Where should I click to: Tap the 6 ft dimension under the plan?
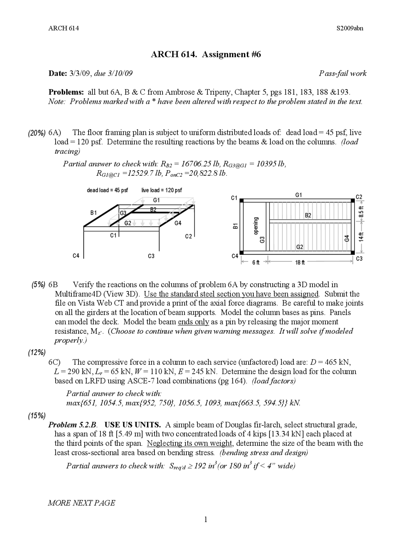[x=256, y=263]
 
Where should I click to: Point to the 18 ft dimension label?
[x=300, y=263]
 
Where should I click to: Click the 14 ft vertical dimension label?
[x=361, y=237]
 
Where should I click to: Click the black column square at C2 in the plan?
[x=353, y=201]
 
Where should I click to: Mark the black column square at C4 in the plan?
[x=242, y=252]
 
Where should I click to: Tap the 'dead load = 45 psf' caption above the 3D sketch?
[x=107, y=190]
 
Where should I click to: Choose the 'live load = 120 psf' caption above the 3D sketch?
[x=162, y=190]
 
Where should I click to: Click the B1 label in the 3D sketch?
[x=93, y=213]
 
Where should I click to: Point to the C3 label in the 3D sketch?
[x=151, y=256]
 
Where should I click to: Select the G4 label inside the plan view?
[x=347, y=238]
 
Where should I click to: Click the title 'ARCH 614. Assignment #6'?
[x=206, y=54]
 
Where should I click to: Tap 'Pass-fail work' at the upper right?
[x=342, y=73]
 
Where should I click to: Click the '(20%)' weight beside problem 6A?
[x=36, y=133]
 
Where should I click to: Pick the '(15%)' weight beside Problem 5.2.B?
[x=36, y=416]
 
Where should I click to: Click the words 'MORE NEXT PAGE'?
[x=81, y=503]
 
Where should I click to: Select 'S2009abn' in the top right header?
[x=350, y=28]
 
